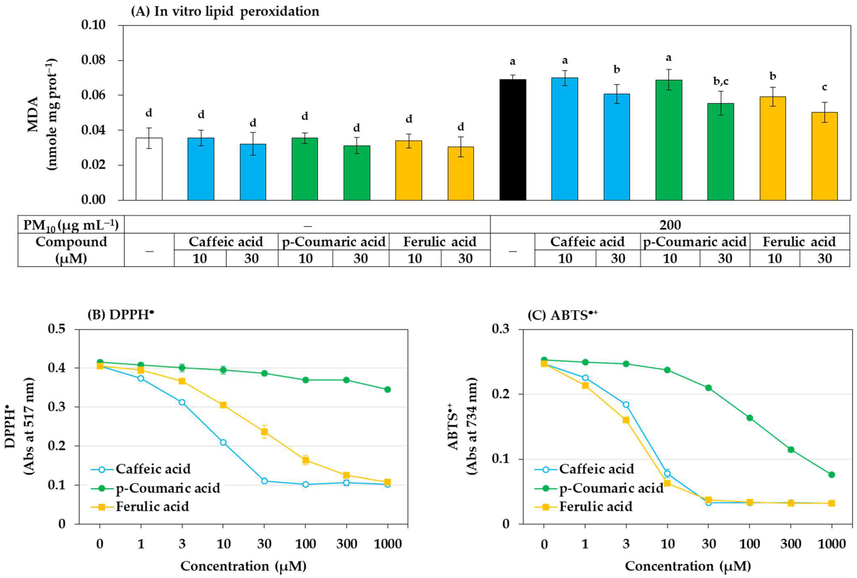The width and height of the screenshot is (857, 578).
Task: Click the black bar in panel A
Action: [513, 140]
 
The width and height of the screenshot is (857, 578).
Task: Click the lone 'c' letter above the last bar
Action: [824, 87]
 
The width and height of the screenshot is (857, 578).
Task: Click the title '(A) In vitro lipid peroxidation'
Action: [225, 11]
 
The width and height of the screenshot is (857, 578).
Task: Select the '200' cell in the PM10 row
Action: [670, 225]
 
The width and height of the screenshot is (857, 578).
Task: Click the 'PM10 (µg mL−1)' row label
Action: [71, 225]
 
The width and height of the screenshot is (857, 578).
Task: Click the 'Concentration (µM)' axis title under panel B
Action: [243, 566]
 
